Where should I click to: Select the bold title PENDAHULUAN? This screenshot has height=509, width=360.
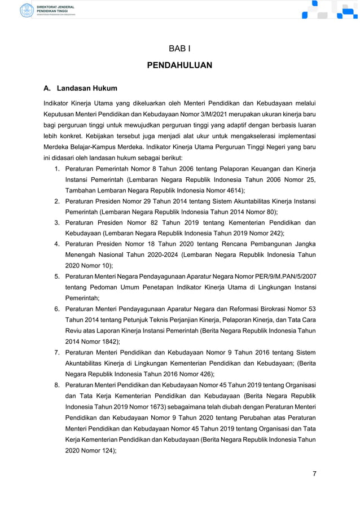click(179, 65)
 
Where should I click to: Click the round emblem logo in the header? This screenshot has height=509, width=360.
click(27, 10)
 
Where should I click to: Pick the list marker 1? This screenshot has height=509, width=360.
click(57, 169)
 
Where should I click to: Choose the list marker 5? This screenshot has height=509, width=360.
click(57, 277)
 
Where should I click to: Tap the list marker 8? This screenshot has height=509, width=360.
click(57, 384)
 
